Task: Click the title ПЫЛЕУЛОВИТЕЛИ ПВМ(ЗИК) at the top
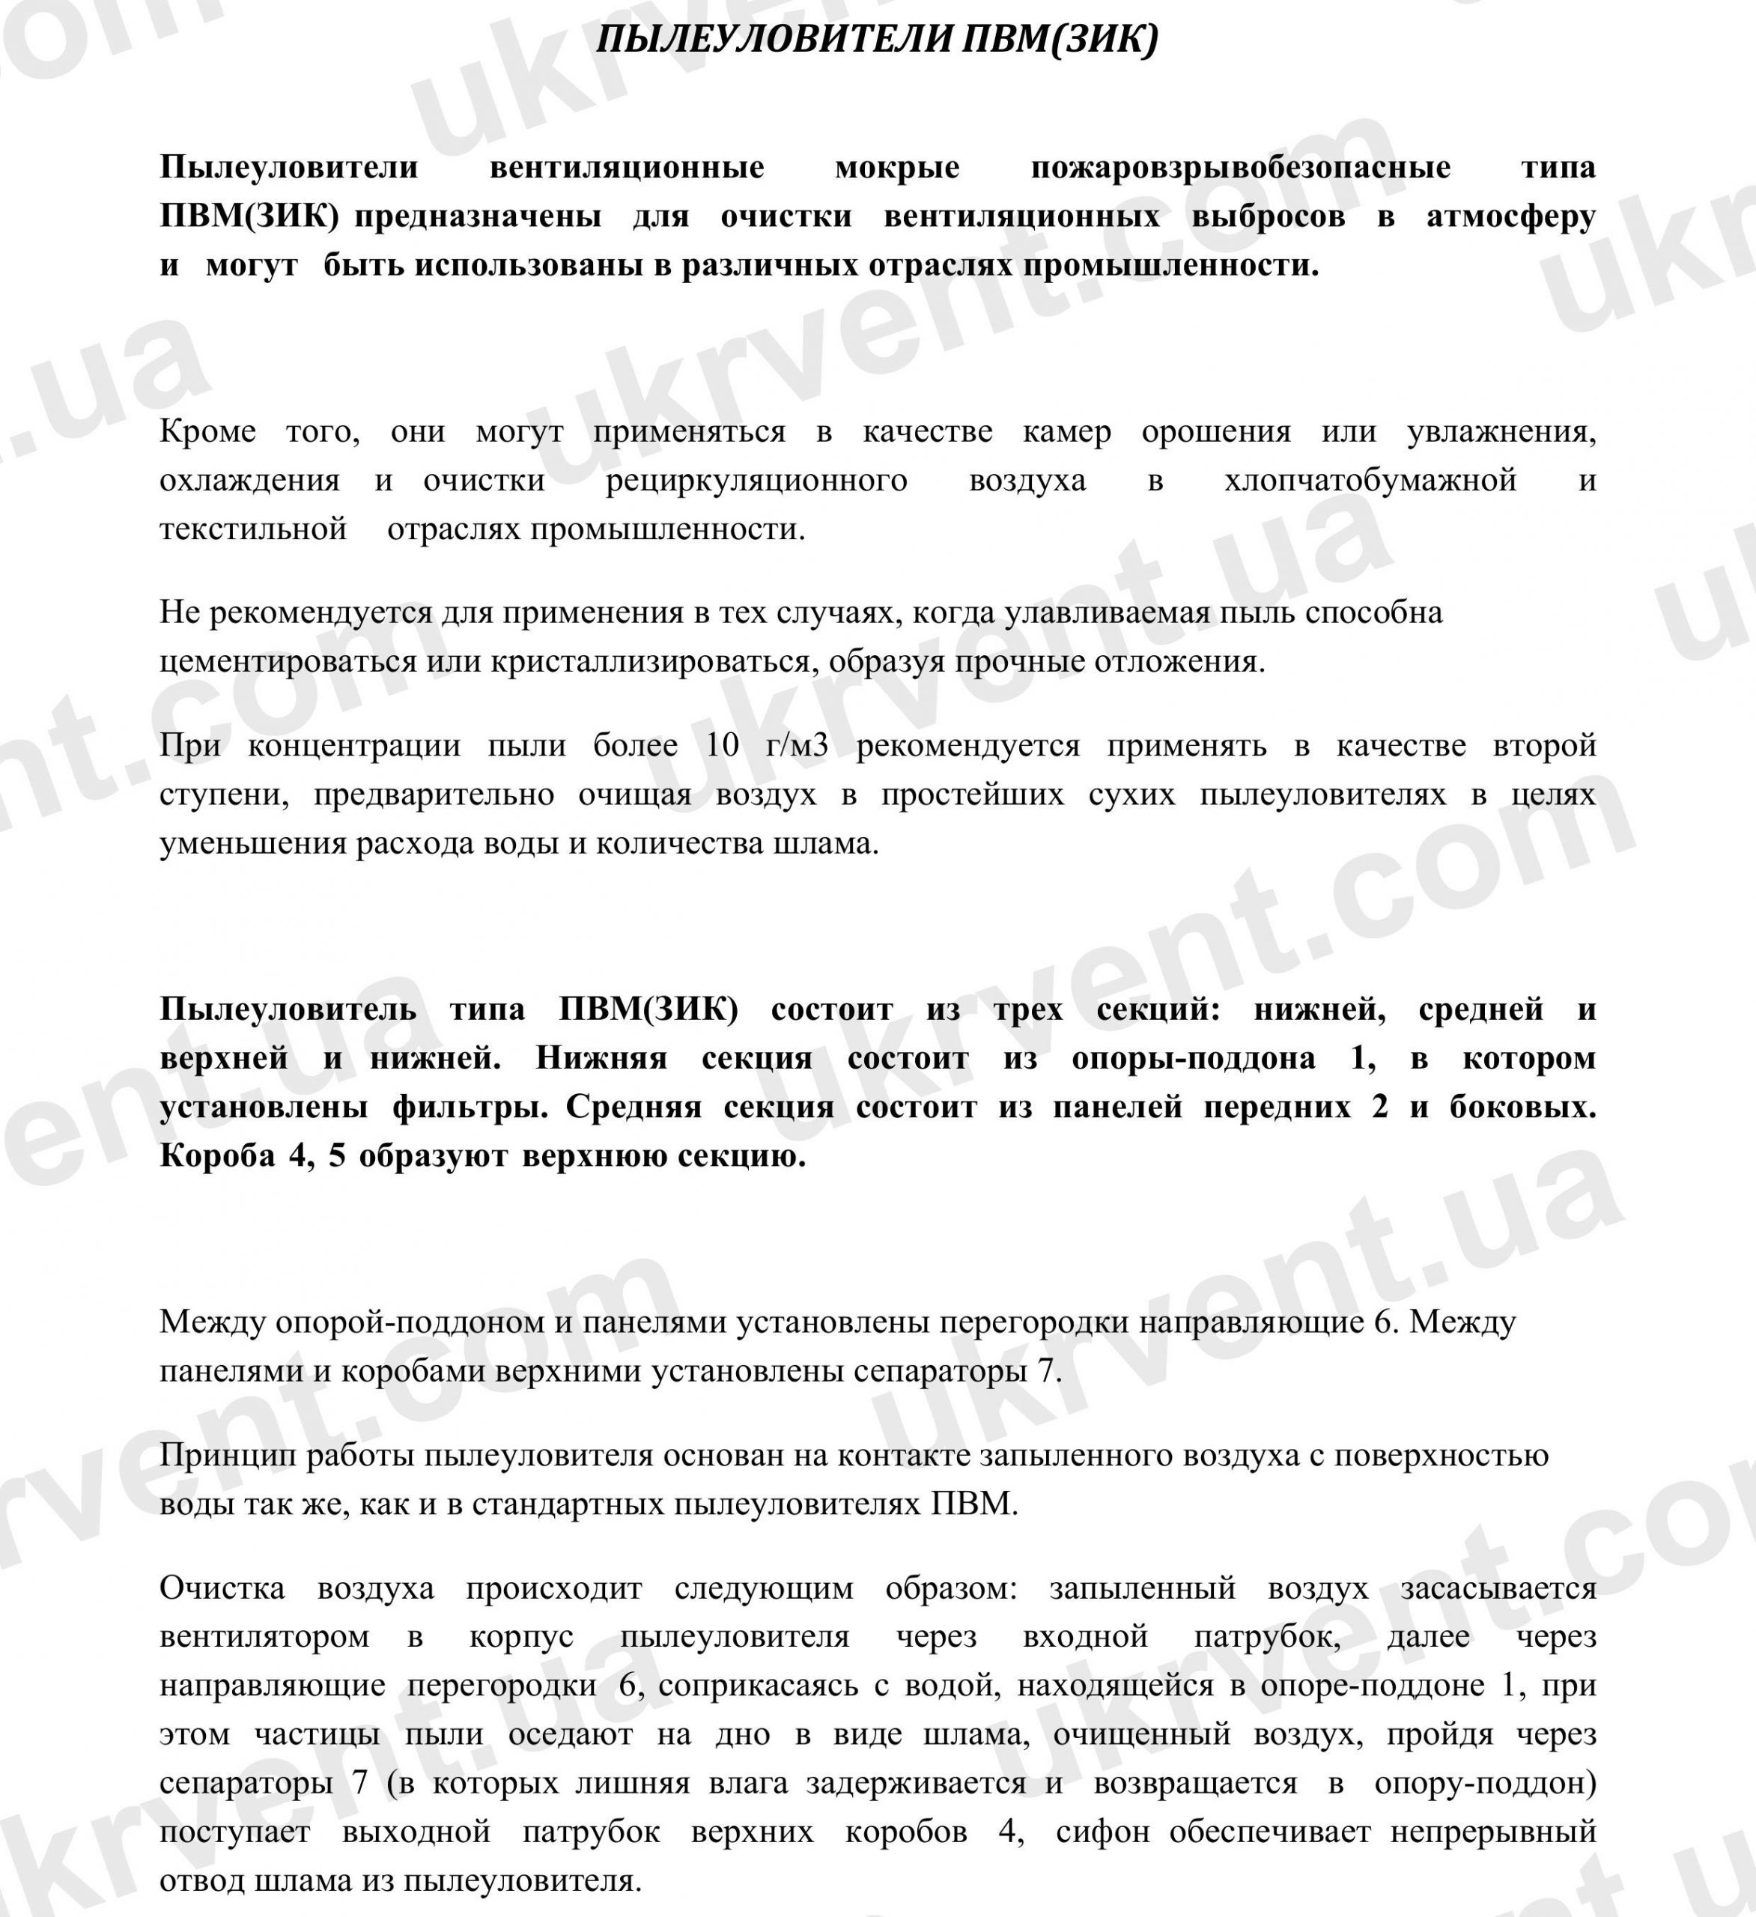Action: coord(878,39)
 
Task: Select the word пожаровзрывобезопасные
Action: coord(1241,167)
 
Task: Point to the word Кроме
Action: coord(208,432)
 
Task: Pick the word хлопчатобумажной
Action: coord(1370,480)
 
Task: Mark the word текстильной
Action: coord(254,529)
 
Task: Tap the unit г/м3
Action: coord(797,746)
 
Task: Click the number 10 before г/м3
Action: coord(723,746)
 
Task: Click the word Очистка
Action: coord(222,1589)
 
